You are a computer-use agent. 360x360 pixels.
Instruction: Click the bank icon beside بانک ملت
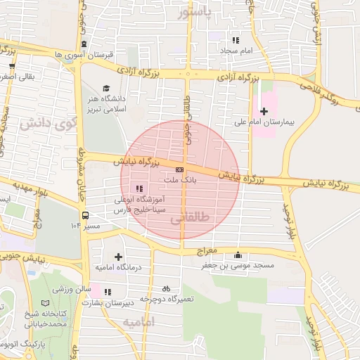click(180, 171)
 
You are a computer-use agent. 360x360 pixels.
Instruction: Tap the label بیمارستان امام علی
click(283, 122)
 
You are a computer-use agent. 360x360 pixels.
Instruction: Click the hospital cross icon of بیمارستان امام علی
click(264, 111)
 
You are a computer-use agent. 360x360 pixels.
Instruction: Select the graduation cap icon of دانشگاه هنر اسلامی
click(106, 89)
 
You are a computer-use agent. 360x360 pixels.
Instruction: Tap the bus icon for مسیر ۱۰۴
click(85, 215)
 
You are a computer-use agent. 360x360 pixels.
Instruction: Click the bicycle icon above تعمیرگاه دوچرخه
click(166, 288)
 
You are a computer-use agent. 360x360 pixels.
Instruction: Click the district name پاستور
click(194, 13)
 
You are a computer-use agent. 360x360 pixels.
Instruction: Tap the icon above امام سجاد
click(236, 41)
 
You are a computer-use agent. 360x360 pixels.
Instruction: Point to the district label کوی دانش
click(48, 124)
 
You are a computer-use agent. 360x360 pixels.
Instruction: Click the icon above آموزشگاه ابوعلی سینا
click(139, 188)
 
